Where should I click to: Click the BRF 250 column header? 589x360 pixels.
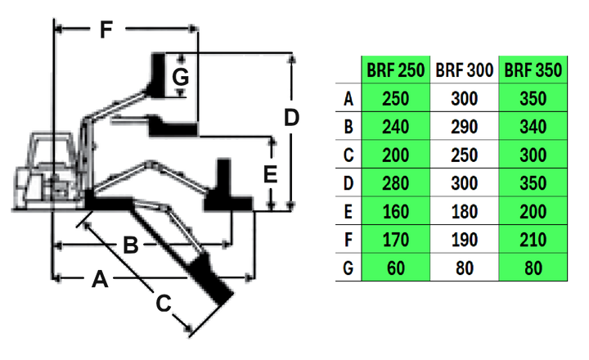pos(396,70)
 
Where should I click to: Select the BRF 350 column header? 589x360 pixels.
pos(533,70)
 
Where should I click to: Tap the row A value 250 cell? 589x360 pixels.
pos(396,99)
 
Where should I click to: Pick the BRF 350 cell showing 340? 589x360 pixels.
pos(533,127)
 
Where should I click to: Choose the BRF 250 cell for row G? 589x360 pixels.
pos(396,267)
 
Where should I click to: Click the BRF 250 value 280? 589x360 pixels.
pos(396,182)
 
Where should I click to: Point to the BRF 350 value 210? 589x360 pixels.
pos(533,239)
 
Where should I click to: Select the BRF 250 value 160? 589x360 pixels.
pos(396,211)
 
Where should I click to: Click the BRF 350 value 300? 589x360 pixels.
pos(533,155)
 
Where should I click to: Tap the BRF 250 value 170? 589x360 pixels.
pos(396,239)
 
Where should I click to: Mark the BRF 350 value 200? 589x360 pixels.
pos(533,211)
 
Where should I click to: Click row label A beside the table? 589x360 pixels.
pos(349,99)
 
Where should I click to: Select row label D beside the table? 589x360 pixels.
pos(349,182)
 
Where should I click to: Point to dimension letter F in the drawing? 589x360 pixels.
pos(104,30)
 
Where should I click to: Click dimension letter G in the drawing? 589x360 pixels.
pos(181,78)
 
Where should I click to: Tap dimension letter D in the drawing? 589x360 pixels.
pos(292,118)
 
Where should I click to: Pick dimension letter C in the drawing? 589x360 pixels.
pos(164,304)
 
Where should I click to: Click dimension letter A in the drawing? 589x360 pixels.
pos(99,281)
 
